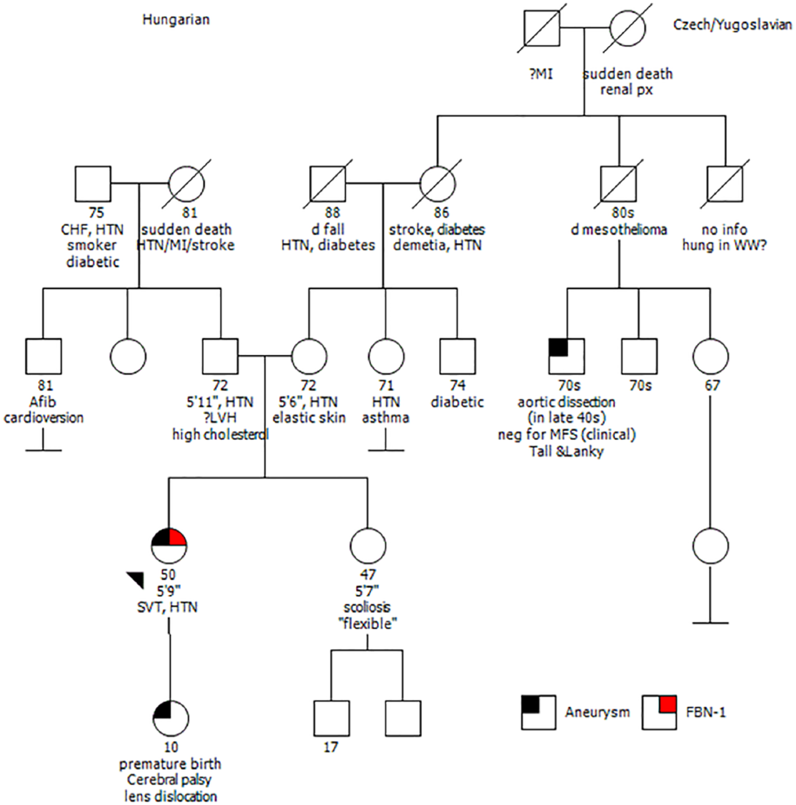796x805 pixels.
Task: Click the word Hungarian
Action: pyautogui.click(x=176, y=20)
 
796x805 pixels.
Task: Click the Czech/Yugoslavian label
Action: pyautogui.click(x=732, y=25)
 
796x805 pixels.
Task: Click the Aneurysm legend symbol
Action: pyautogui.click(x=538, y=712)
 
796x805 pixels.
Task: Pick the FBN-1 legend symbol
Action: pyautogui.click(x=659, y=712)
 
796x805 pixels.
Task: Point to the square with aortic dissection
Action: pyautogui.click(x=566, y=356)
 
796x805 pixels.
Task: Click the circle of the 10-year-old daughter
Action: pyautogui.click(x=171, y=719)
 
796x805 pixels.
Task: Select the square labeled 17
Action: pyautogui.click(x=332, y=719)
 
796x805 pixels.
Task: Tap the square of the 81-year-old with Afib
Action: pyautogui.click(x=43, y=356)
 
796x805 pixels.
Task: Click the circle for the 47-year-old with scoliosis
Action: pyautogui.click(x=367, y=546)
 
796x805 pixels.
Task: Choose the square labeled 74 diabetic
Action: pyautogui.click(x=457, y=356)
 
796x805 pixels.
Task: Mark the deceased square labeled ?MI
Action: pyautogui.click(x=542, y=28)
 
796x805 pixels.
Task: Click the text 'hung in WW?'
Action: pyautogui.click(x=725, y=245)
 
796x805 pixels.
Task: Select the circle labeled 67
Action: pyautogui.click(x=710, y=356)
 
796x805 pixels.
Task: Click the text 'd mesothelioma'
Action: pyautogui.click(x=619, y=229)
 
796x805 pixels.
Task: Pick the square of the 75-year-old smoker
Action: pyautogui.click(x=93, y=184)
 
